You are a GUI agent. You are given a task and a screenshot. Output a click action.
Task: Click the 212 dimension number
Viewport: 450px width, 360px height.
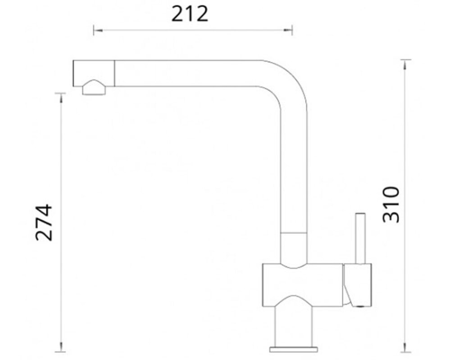[x=190, y=14]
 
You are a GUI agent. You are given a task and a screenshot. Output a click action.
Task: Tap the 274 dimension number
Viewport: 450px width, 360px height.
[x=44, y=222]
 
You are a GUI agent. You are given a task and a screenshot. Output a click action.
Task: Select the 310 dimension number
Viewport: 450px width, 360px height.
[x=391, y=204]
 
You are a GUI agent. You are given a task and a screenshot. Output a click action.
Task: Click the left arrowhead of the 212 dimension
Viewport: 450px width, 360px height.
[x=98, y=30]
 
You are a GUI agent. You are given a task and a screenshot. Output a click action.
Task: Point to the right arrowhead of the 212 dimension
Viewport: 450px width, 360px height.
[x=288, y=30]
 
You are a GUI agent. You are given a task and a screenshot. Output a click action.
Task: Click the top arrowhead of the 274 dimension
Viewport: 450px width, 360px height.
[x=60, y=98]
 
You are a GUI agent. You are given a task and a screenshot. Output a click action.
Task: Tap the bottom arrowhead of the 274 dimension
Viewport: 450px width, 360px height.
[x=60, y=347]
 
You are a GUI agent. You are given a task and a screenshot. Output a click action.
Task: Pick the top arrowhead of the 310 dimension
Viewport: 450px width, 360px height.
[x=405, y=64]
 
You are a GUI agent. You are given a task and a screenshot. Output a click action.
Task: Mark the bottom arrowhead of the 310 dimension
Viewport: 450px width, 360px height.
[x=405, y=347]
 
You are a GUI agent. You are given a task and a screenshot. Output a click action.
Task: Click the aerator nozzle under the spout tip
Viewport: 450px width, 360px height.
[x=94, y=87]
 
